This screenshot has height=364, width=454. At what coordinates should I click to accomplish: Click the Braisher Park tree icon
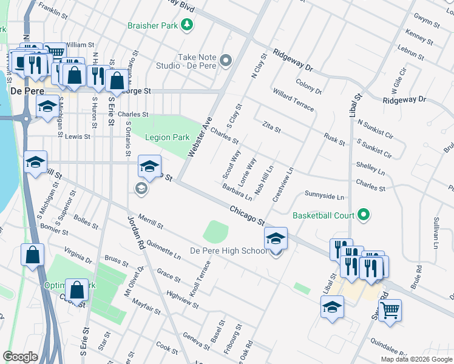(188, 24)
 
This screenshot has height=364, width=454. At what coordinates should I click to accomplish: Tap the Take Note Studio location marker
(226, 60)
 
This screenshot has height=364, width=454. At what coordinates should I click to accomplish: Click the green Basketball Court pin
(363, 215)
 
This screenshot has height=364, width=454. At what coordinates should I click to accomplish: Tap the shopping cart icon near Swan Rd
(390, 309)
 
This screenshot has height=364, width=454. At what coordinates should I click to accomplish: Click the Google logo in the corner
(20, 357)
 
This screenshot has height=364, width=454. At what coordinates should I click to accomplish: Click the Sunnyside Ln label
(324, 197)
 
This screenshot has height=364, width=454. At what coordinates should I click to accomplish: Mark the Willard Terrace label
(294, 100)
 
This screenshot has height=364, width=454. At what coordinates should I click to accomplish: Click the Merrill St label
(151, 221)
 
